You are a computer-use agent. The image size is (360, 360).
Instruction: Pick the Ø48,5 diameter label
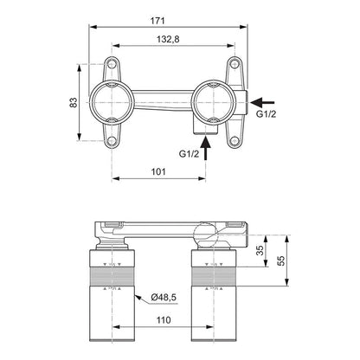point(164,297)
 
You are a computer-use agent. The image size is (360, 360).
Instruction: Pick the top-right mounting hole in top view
point(235,64)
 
